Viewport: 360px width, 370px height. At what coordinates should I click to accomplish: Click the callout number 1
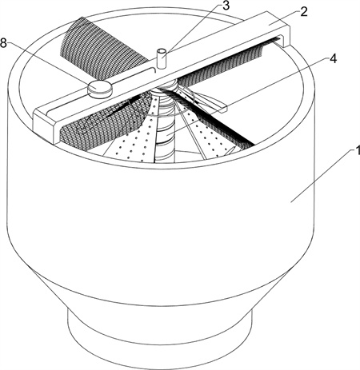357,151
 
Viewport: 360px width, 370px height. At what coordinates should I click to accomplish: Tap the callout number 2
304,11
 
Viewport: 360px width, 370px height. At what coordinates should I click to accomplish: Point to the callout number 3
226,6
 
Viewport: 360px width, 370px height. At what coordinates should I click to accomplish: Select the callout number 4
333,59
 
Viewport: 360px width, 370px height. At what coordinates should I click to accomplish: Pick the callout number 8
3,43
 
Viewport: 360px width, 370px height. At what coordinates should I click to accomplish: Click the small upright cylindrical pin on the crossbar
161,58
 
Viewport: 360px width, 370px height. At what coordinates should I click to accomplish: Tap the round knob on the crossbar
99,88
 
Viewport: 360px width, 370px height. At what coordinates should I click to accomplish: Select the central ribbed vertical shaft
166,122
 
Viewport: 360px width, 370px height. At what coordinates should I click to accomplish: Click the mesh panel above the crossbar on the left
104,42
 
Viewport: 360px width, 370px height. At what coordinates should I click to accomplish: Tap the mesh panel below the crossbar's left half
106,118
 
